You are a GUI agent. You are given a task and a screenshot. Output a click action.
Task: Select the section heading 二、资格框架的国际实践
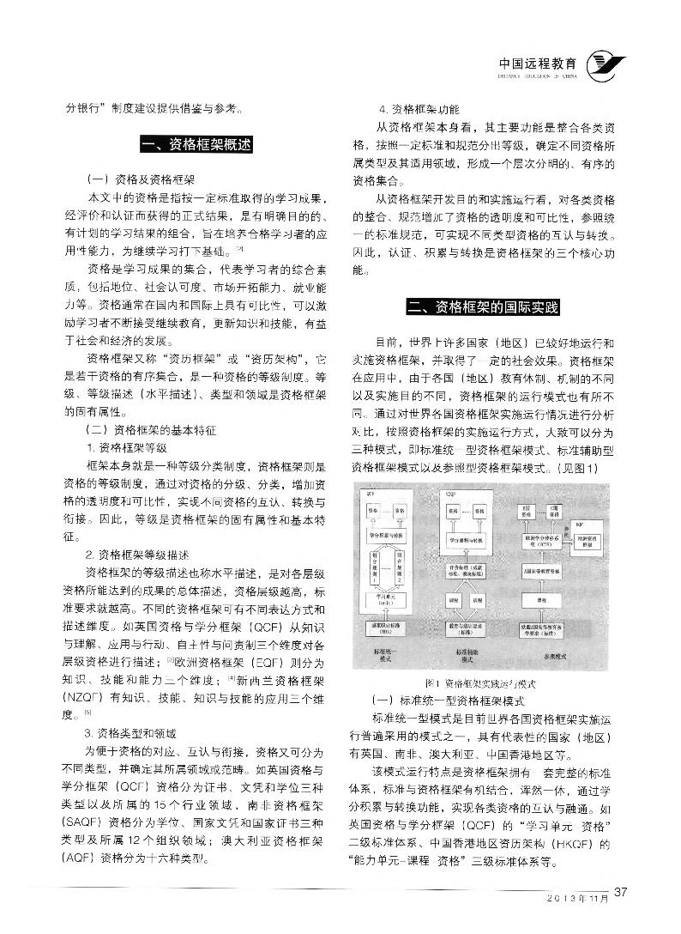(484, 306)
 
